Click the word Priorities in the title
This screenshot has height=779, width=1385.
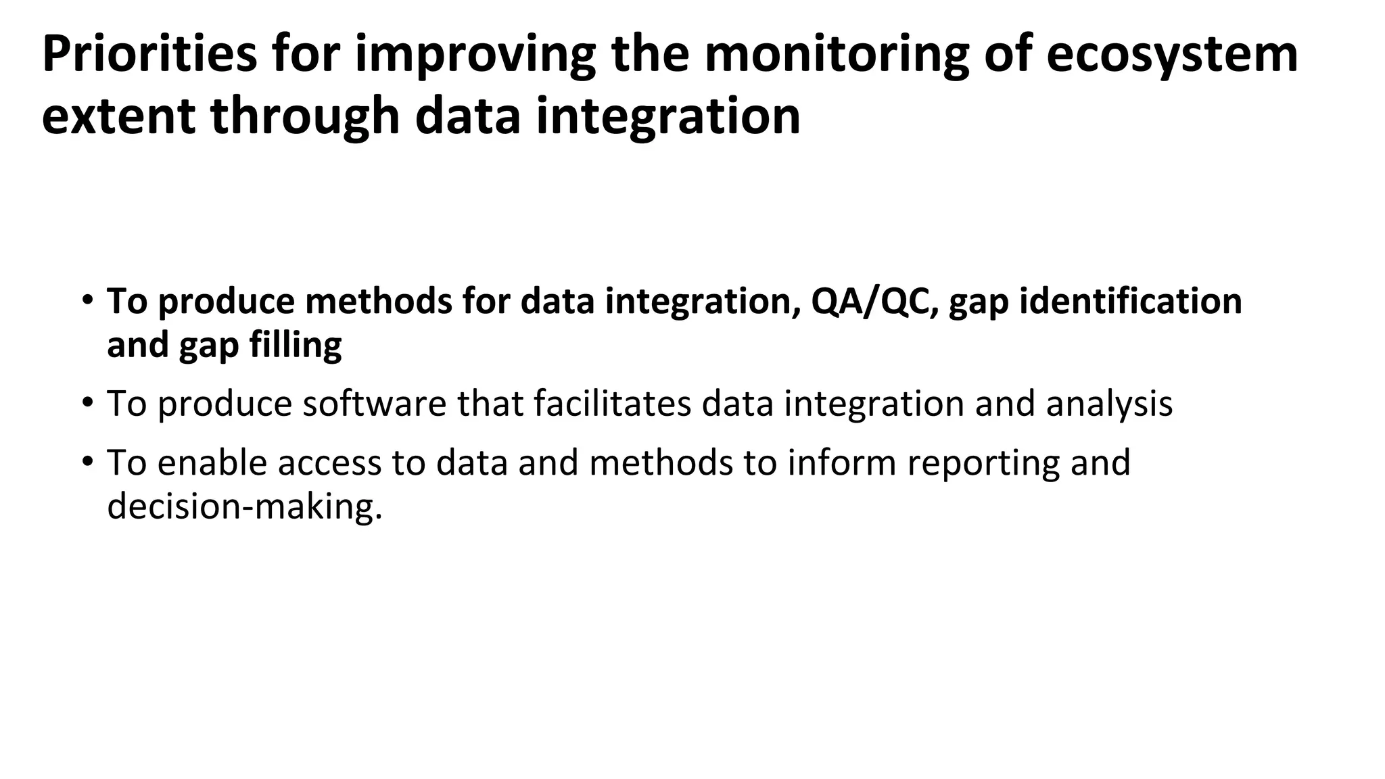(x=149, y=54)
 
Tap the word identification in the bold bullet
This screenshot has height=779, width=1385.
(x=1130, y=302)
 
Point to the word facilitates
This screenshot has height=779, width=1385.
(x=612, y=404)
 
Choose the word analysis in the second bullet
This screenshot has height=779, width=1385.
(x=1109, y=404)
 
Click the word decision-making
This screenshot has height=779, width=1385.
(x=244, y=506)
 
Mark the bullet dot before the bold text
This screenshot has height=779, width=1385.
(x=87, y=300)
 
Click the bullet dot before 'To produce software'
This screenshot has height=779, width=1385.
(x=87, y=403)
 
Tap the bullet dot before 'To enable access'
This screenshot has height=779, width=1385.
(x=87, y=462)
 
